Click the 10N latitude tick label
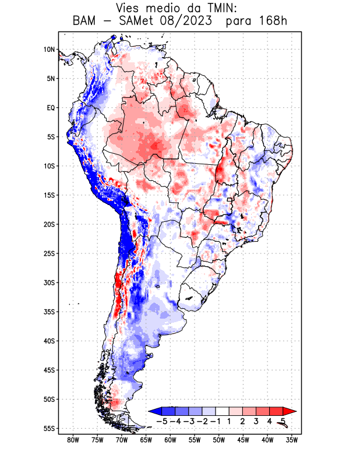(x=49, y=50)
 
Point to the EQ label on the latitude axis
(x=51, y=108)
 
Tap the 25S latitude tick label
(x=49, y=253)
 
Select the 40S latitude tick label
(x=49, y=341)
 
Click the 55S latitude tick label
(x=49, y=428)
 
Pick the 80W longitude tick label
(x=73, y=440)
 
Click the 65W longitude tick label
(x=146, y=440)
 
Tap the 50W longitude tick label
(x=219, y=440)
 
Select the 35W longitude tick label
(x=292, y=440)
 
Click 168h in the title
(x=272, y=21)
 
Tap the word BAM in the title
(x=85, y=21)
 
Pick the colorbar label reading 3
(x=256, y=421)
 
